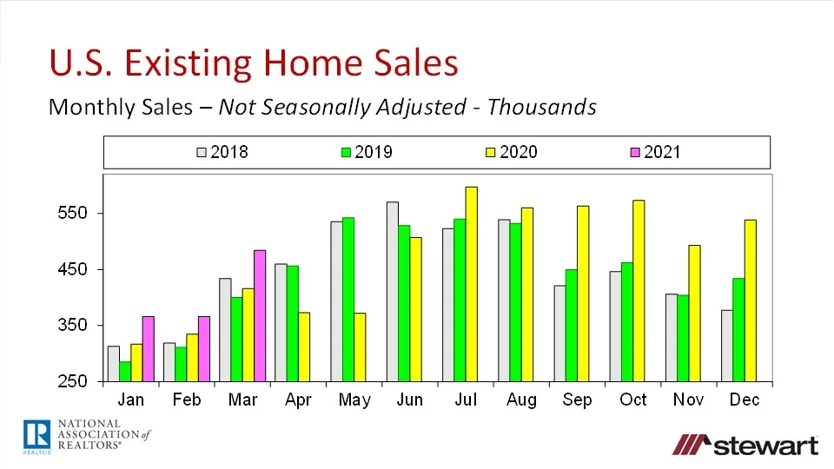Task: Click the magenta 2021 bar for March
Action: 259,315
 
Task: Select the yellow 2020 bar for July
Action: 471,284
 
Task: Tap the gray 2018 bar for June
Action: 393,291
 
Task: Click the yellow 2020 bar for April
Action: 303,347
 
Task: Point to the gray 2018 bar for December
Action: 726,346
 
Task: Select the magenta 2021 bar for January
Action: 148,348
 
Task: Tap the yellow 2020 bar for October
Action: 639,290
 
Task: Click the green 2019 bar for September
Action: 571,325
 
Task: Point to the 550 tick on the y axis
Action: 77,214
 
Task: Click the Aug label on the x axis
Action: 521,400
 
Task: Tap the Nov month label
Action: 689,400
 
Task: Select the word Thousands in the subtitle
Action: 542,107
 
